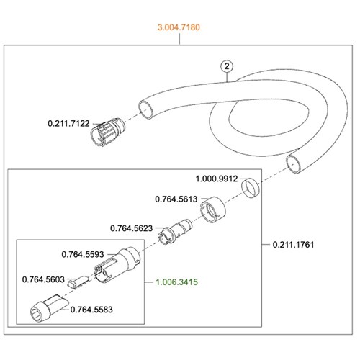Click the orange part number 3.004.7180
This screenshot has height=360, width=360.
[179, 27]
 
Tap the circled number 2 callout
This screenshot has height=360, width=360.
[227, 66]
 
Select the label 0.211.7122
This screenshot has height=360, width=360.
[68, 124]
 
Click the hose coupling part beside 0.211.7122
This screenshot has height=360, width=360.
[107, 132]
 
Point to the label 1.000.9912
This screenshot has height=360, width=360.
[217, 179]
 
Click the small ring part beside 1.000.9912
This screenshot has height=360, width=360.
[251, 188]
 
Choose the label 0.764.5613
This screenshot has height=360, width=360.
[176, 199]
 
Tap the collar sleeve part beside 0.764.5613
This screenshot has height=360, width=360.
[213, 210]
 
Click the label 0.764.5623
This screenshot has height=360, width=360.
[131, 228]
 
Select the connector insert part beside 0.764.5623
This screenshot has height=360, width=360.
[175, 231]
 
